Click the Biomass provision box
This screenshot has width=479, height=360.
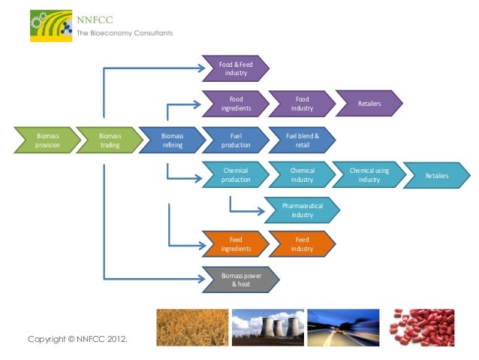(47, 141)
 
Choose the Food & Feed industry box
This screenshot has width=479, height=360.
(236, 69)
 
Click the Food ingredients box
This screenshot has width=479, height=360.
(236, 104)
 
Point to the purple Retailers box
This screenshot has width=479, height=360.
(369, 102)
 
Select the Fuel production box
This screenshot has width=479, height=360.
(236, 141)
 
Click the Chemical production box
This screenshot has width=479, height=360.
(236, 175)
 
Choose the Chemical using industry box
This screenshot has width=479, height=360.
(369, 175)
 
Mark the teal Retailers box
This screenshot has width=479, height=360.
(436, 175)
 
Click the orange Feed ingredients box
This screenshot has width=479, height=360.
(236, 244)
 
